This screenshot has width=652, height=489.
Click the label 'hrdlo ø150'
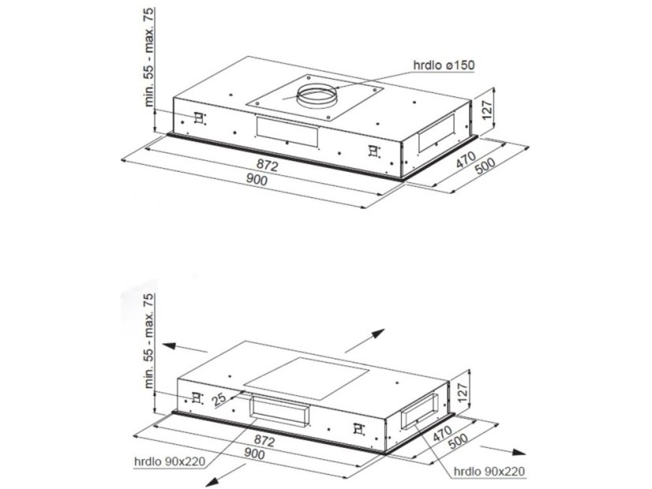443,65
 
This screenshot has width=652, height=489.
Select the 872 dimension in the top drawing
266,166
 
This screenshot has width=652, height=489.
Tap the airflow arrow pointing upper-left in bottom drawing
185,348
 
